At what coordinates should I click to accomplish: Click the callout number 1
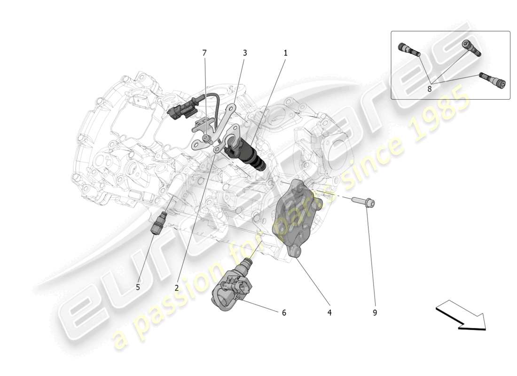tap(285, 54)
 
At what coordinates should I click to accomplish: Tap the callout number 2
tap(177, 287)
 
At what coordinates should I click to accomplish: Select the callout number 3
tap(245, 54)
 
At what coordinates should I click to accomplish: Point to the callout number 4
tap(329, 312)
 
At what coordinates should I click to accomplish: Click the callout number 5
tap(138, 287)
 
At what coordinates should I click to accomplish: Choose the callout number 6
tap(284, 312)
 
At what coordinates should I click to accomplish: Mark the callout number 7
tap(204, 54)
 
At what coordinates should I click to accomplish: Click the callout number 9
tap(375, 312)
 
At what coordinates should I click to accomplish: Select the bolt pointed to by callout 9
tap(365, 202)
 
